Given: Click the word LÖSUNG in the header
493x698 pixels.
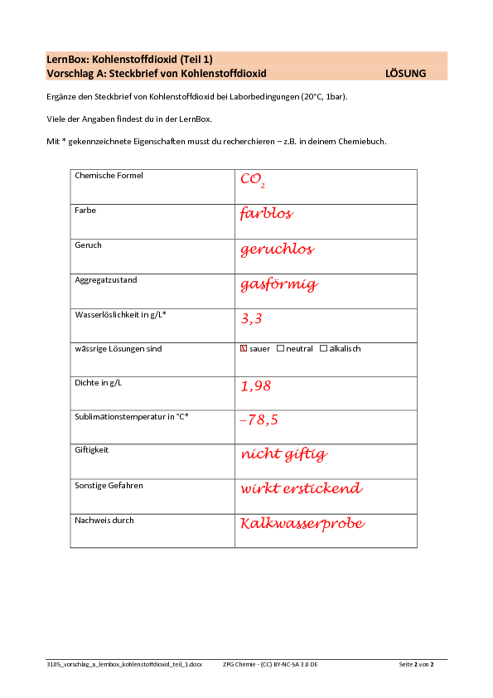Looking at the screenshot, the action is click(x=405, y=74).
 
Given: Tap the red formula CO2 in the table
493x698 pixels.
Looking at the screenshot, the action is click(x=253, y=180).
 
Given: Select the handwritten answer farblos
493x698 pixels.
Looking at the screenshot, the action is click(x=267, y=213).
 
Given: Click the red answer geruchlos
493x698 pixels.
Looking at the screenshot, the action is click(x=278, y=249).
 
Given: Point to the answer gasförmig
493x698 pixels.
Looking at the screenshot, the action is click(x=279, y=284).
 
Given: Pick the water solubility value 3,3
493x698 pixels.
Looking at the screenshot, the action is click(x=251, y=318).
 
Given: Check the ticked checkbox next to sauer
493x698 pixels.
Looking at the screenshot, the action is click(x=244, y=348).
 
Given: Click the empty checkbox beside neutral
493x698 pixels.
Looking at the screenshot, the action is click(x=280, y=348).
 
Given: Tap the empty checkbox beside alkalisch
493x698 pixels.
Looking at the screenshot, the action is click(x=323, y=348).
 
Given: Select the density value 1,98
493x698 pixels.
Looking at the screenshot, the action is click(x=256, y=386).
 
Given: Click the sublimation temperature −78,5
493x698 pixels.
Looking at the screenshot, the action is click(x=259, y=419).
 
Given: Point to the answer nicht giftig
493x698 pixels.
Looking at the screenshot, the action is click(x=284, y=454).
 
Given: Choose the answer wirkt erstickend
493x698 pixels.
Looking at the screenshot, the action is click(x=302, y=488).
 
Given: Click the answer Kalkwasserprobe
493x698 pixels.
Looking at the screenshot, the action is click(x=302, y=524).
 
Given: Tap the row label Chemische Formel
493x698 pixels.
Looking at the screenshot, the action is click(x=109, y=176).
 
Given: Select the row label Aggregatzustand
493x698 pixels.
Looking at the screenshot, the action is click(x=106, y=280).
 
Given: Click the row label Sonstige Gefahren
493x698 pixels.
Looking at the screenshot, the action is click(x=109, y=486).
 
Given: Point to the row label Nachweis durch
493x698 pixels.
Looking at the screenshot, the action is click(x=104, y=521).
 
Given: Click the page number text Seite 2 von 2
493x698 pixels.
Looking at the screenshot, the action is click(x=416, y=665).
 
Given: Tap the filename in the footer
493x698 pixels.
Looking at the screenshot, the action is click(x=124, y=665).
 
